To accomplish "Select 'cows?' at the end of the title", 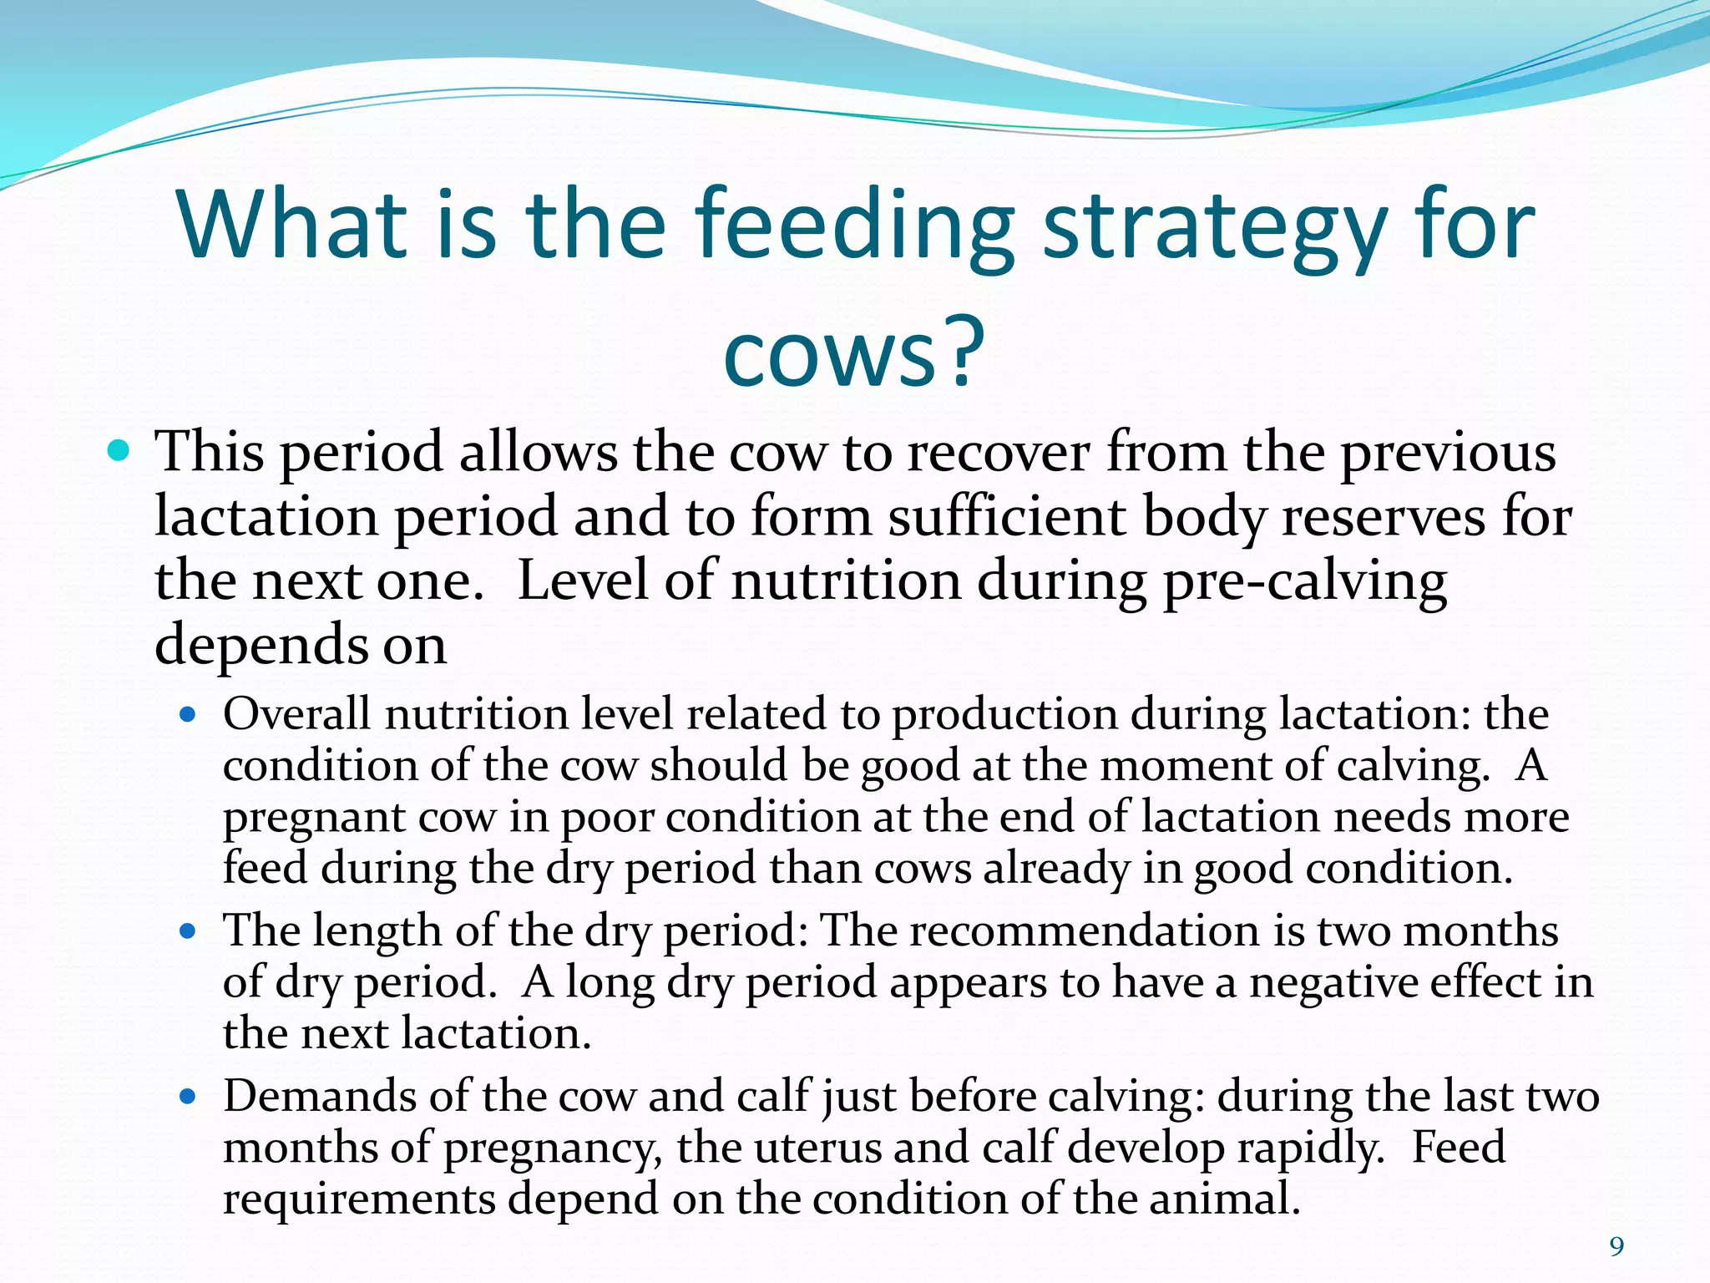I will click(x=853, y=355).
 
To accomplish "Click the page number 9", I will click(x=1616, y=1247).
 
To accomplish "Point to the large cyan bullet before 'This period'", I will click(x=119, y=452).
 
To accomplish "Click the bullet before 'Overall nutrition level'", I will click(x=188, y=715).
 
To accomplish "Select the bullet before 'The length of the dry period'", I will click(x=188, y=931).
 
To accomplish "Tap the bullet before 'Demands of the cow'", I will click(x=188, y=1096).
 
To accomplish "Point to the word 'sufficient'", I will click(x=1006, y=517).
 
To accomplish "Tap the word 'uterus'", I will click(x=817, y=1147).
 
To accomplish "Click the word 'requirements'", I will click(x=359, y=1199).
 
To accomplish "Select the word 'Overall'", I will click(x=296, y=715).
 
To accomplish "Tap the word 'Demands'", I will click(x=320, y=1096).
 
